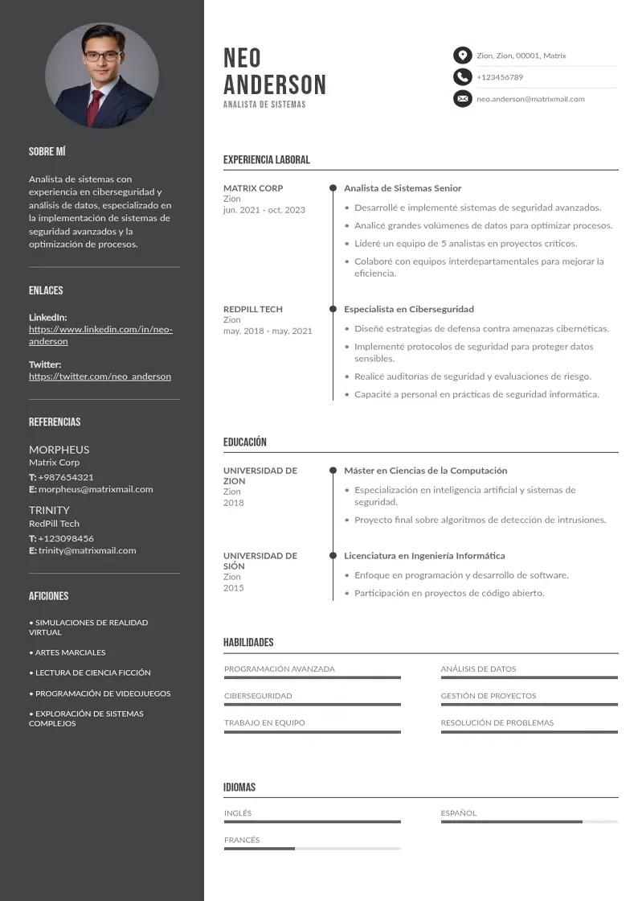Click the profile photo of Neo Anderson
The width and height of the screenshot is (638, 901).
point(102,75)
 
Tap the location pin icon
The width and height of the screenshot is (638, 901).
point(462,56)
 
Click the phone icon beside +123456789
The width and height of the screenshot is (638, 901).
point(462,77)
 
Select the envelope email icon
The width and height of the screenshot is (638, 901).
point(462,99)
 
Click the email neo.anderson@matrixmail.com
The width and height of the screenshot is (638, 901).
point(530,99)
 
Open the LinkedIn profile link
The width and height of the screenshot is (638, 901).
point(100,335)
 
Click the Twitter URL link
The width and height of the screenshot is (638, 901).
point(100,376)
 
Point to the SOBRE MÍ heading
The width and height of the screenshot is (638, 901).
point(47,151)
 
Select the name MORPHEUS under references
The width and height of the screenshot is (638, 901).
point(59,450)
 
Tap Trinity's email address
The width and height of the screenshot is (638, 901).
point(87,551)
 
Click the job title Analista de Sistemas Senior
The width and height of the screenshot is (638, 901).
point(403,188)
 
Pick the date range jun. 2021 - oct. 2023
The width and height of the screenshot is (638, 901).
point(264,210)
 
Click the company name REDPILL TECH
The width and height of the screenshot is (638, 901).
point(253,309)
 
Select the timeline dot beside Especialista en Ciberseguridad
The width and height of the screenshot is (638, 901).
point(333,309)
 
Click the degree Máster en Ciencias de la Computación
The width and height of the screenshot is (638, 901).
point(426,471)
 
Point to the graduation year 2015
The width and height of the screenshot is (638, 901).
point(233,588)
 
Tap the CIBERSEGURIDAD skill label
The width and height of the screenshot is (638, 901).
point(258,696)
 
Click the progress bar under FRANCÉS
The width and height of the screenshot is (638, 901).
point(312,849)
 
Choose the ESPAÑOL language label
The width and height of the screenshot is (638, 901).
point(459,813)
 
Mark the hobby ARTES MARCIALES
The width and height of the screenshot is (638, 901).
point(70,652)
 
